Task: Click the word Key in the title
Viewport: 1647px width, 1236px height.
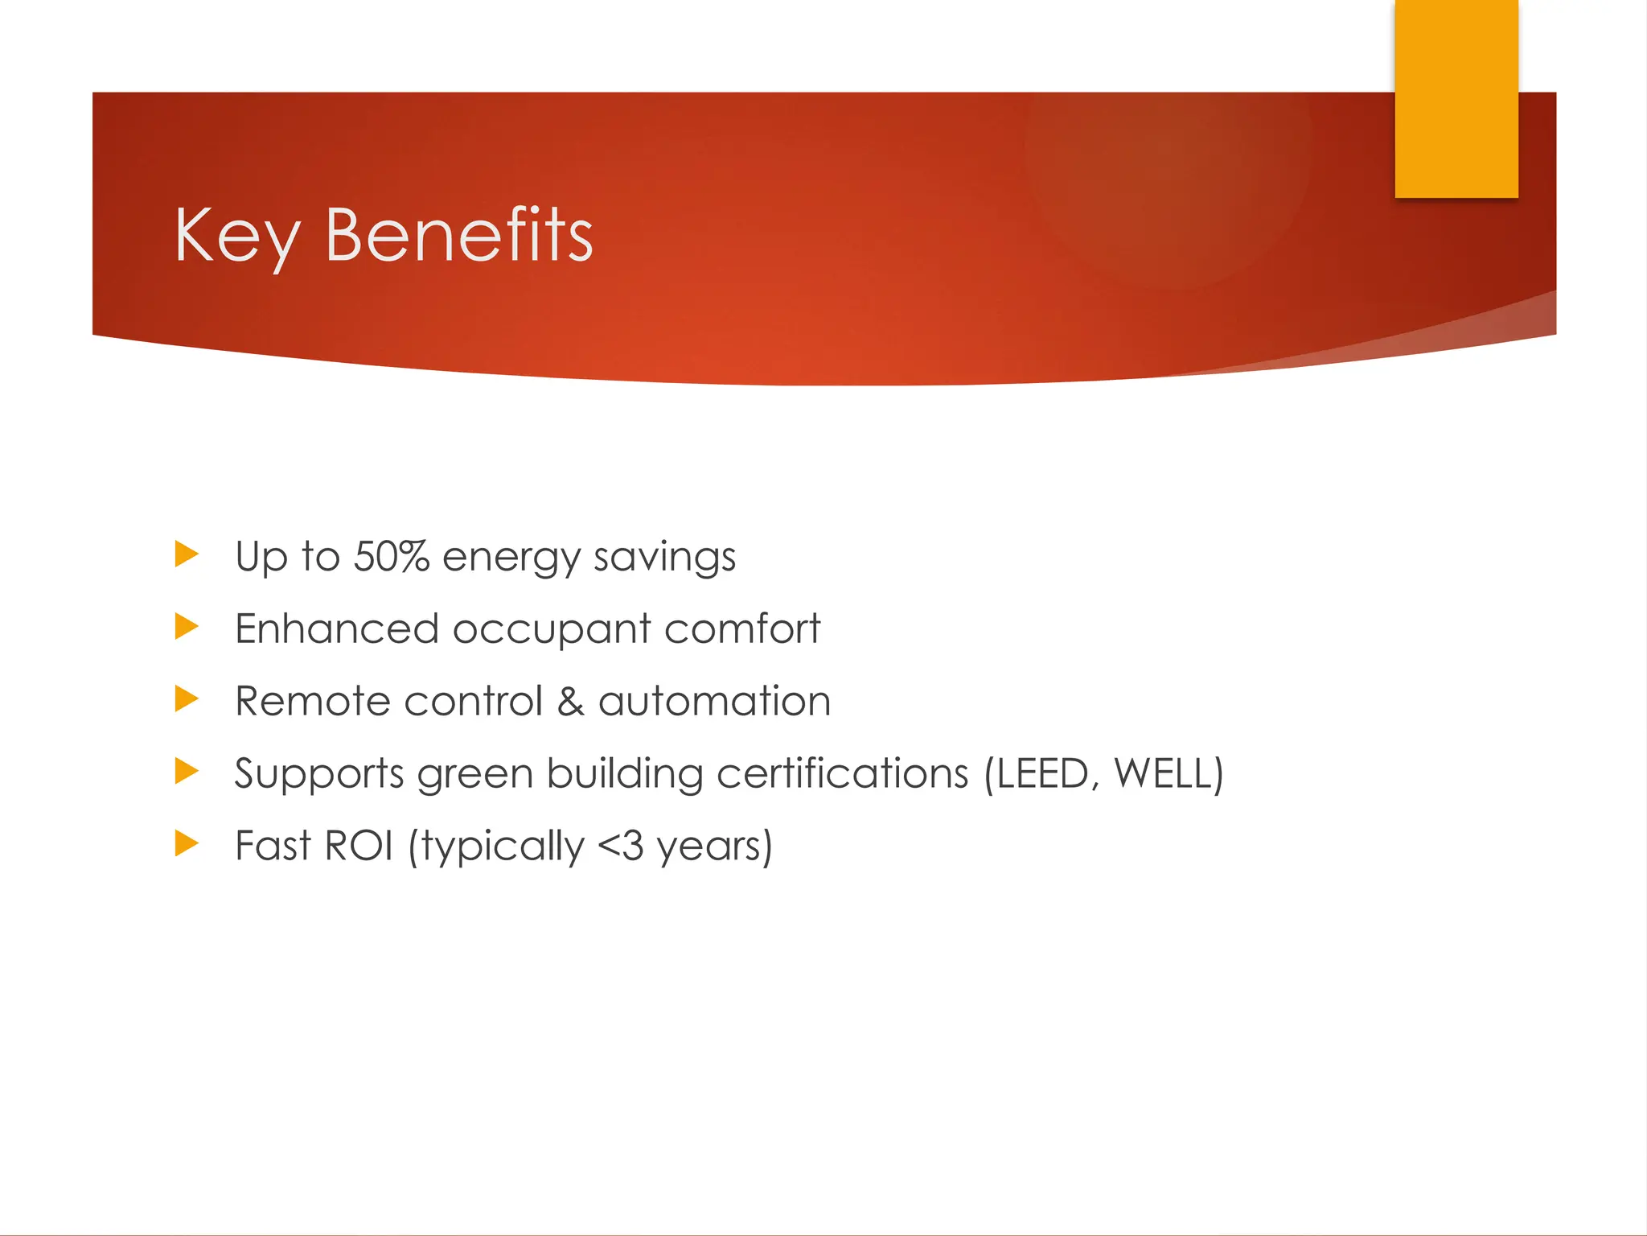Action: [236, 235]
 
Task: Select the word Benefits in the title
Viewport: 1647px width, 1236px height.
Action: [459, 235]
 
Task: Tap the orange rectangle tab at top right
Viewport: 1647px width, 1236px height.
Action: [1456, 98]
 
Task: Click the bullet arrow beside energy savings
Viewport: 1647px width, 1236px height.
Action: [186, 554]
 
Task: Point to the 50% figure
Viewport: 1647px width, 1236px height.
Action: [392, 556]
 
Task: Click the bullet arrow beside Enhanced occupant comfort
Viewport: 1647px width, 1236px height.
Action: [186, 627]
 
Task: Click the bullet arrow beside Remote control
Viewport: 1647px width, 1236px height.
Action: [186, 699]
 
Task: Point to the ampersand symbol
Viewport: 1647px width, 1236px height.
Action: [570, 701]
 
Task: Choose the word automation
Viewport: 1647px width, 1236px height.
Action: [714, 701]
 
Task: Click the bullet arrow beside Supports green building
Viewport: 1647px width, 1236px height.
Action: [186, 772]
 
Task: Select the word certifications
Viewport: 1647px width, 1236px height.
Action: [842, 773]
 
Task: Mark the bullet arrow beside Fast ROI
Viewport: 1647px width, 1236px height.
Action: [186, 844]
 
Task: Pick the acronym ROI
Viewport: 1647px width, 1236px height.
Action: [359, 846]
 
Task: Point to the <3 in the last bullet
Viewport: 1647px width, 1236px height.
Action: [621, 846]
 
